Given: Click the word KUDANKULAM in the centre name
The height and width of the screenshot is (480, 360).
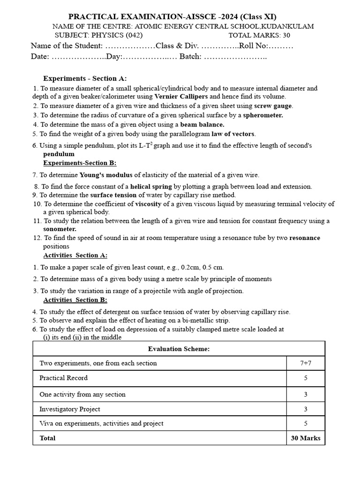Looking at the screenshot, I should tap(288, 26).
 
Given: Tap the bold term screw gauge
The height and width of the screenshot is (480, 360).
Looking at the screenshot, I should tap(273, 106).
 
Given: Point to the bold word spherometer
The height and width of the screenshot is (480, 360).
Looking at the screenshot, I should tap(263, 115).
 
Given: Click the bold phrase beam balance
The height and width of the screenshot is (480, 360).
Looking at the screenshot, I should tap(202, 125).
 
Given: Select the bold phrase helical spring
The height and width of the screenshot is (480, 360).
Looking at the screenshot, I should tap(151, 186).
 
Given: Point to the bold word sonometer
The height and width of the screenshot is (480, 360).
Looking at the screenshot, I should tap(60, 229).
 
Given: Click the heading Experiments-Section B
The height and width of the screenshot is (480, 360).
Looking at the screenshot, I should tap(80, 163).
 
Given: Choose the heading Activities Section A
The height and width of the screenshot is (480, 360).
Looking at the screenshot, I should tap(75, 255).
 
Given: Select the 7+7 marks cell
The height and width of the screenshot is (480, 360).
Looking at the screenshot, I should tap(305, 363).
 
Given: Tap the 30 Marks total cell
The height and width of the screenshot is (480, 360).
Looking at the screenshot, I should tap(306, 438).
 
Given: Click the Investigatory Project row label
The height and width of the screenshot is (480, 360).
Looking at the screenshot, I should tap(70, 409).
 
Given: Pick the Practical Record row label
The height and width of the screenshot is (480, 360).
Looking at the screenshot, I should tap(64, 378).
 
